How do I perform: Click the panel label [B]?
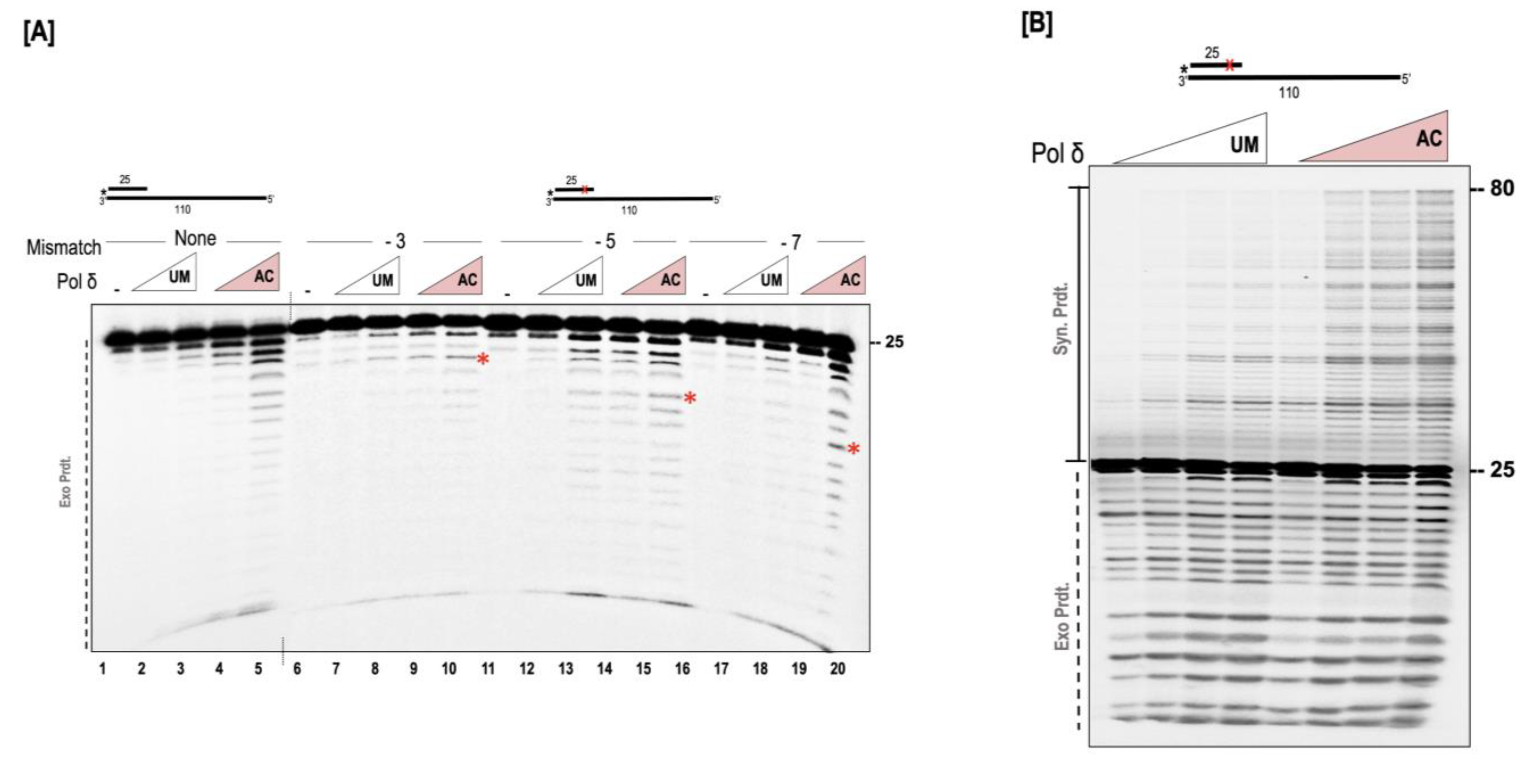[1037, 25]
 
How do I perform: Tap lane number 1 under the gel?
[103, 669]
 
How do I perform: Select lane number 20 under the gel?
[837, 669]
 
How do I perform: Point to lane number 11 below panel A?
[488, 669]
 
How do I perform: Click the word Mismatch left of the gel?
[63, 247]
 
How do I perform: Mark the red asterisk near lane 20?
[853, 449]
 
